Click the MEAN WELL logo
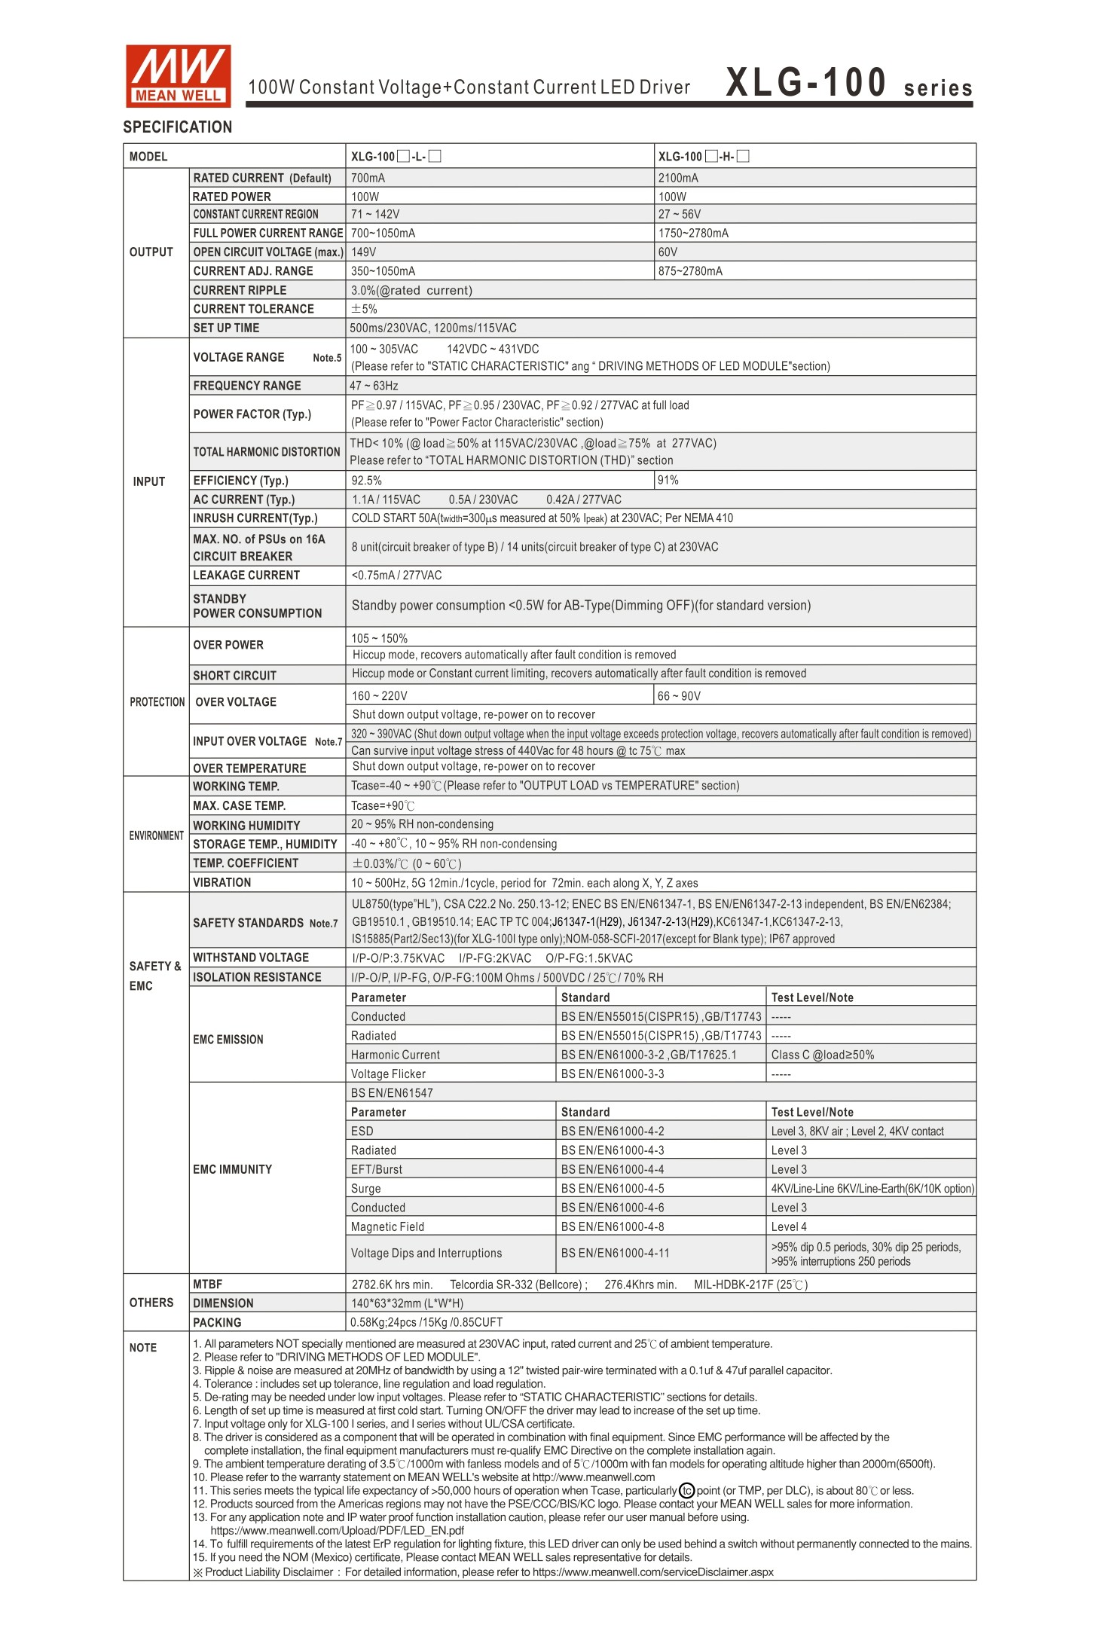(x=178, y=75)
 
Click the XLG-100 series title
(x=848, y=84)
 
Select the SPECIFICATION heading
(x=178, y=127)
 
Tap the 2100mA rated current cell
(x=678, y=179)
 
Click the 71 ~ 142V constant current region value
(x=375, y=215)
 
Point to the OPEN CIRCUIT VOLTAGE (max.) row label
(x=267, y=252)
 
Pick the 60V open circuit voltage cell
(x=668, y=252)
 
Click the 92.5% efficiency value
(x=367, y=481)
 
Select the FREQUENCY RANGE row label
(x=246, y=386)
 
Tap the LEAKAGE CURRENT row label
(x=246, y=576)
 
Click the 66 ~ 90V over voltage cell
(x=679, y=696)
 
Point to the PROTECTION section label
(x=157, y=702)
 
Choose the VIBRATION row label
(x=222, y=883)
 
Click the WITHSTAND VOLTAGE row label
(x=251, y=958)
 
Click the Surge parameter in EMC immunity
(x=366, y=1189)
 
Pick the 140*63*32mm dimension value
(x=408, y=1303)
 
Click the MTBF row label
(x=207, y=1284)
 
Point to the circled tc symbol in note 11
(x=686, y=1491)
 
